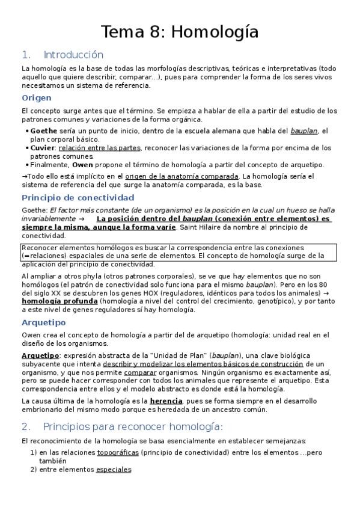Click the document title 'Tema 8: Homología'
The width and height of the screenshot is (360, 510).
[x=180, y=31]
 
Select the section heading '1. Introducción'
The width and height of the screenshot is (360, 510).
[x=62, y=55]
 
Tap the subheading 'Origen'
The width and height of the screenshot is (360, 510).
[x=37, y=97]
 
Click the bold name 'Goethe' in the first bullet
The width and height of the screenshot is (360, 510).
[x=43, y=131]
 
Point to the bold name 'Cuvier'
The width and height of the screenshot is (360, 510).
[x=42, y=147]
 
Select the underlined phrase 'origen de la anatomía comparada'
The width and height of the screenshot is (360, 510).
[x=190, y=176]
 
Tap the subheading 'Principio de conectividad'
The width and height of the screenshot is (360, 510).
[x=78, y=197]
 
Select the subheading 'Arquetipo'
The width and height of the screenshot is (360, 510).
[x=44, y=322]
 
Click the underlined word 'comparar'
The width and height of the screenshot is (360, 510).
[x=139, y=373]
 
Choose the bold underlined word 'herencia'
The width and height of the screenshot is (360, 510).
[x=165, y=401]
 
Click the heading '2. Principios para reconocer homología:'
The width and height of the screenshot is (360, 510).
[x=122, y=426]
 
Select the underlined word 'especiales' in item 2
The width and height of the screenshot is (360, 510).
[x=114, y=469]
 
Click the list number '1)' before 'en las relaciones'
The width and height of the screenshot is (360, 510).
[x=34, y=452]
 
